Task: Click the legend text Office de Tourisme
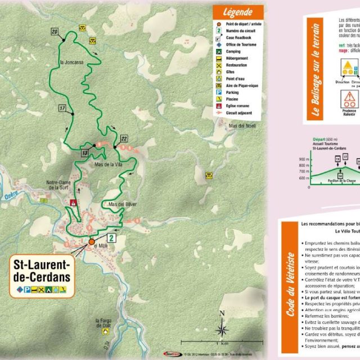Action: (x=238, y=44)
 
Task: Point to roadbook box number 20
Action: (x=55, y=32)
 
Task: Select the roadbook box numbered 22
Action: (x=124, y=138)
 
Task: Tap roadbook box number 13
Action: (x=84, y=152)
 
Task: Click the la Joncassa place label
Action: (x=71, y=63)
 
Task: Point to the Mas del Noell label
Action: (x=242, y=125)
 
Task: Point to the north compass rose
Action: (x=223, y=329)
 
